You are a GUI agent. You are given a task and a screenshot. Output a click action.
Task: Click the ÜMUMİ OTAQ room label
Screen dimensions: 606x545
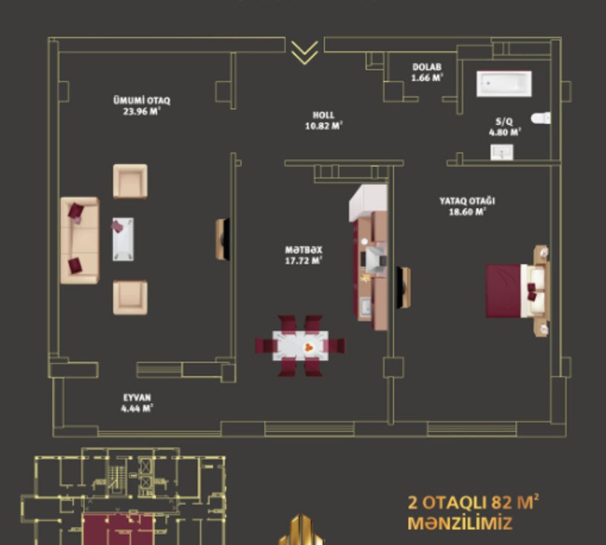click(x=142, y=106)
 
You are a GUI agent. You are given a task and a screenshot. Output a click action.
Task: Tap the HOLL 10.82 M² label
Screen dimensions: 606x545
click(x=324, y=121)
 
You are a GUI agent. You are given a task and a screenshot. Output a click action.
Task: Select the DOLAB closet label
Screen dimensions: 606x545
click(x=427, y=72)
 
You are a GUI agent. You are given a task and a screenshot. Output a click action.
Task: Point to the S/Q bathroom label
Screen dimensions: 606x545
click(x=505, y=127)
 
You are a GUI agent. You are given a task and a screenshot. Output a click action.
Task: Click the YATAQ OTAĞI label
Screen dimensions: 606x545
click(x=467, y=206)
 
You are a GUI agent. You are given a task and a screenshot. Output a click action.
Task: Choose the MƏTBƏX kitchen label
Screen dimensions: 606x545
click(x=304, y=255)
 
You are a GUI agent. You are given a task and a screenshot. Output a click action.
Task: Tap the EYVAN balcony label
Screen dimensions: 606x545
click(x=137, y=403)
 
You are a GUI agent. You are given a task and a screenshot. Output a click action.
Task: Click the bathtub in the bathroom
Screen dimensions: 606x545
click(x=504, y=84)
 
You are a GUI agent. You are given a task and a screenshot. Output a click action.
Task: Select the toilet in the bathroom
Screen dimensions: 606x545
click(x=541, y=118)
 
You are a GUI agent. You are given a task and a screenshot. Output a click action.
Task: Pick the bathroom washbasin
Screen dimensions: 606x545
click(x=502, y=152)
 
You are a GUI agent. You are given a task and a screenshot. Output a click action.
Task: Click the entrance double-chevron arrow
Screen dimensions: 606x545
click(x=304, y=52)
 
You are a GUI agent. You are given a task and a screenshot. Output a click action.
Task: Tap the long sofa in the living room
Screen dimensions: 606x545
click(x=80, y=241)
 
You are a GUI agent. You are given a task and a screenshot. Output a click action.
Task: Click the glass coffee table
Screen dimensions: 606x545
click(x=123, y=239)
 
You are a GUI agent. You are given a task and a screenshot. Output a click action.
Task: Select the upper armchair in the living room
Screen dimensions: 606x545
click(x=131, y=181)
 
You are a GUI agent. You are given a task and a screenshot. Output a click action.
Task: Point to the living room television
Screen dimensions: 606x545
click(x=223, y=239)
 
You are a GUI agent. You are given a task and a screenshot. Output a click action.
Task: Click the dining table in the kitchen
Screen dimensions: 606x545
click(x=301, y=346)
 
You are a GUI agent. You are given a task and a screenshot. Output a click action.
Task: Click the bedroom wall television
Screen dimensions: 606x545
click(x=404, y=287)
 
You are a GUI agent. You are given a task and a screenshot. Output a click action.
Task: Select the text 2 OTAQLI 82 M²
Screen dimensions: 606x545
click(x=473, y=503)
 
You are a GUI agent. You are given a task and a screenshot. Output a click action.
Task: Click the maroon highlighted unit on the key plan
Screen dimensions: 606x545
click(x=119, y=529)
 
